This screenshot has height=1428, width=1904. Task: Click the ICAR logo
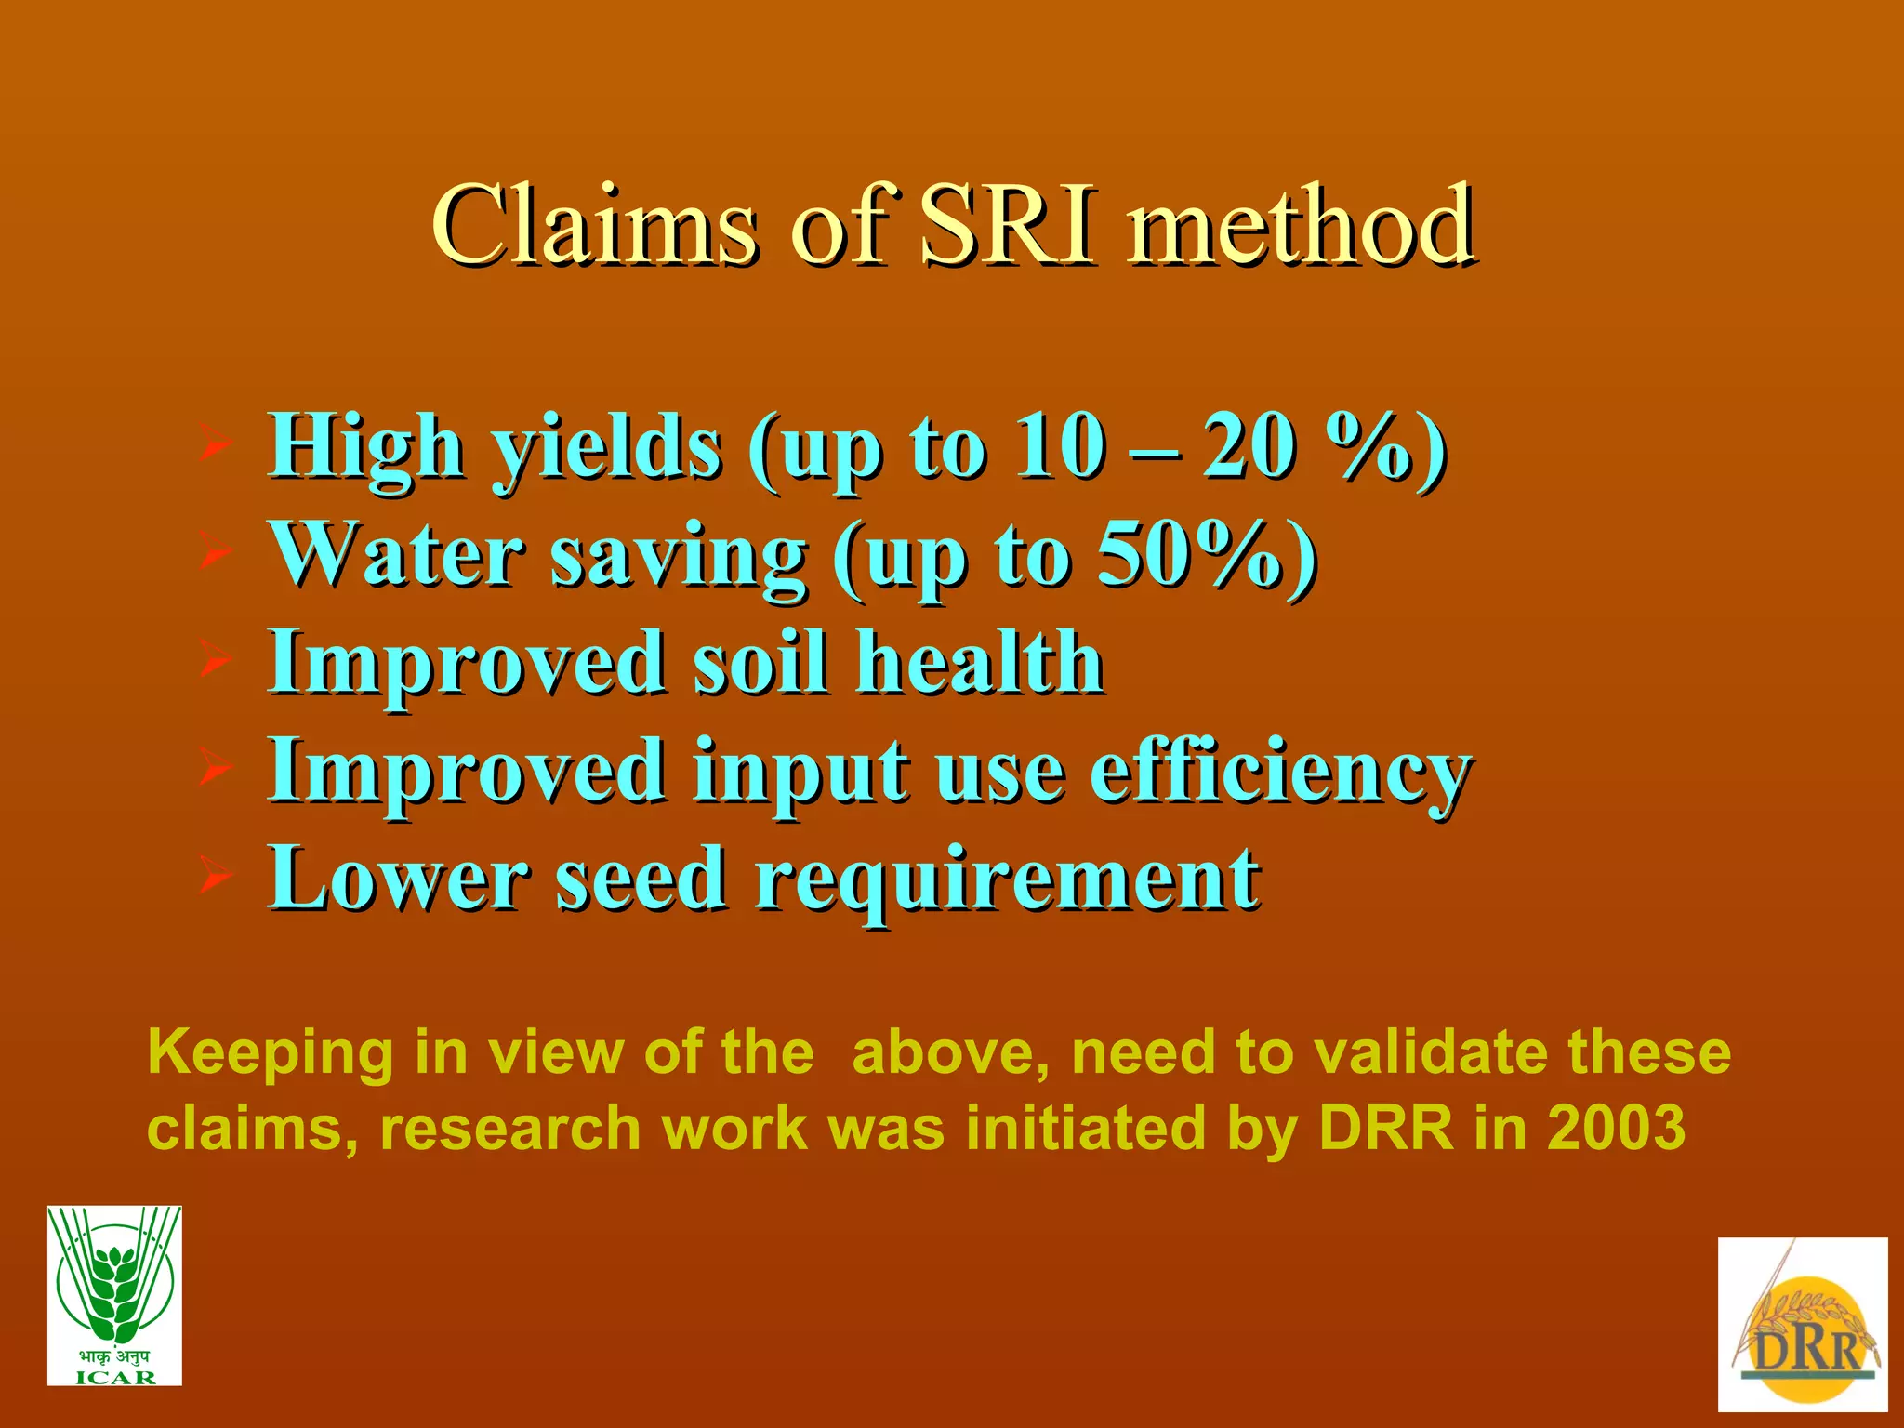(x=114, y=1295)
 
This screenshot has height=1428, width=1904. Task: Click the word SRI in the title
(x=1008, y=225)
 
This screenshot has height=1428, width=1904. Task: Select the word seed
(x=641, y=879)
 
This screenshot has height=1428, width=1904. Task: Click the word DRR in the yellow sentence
(x=1385, y=1128)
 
